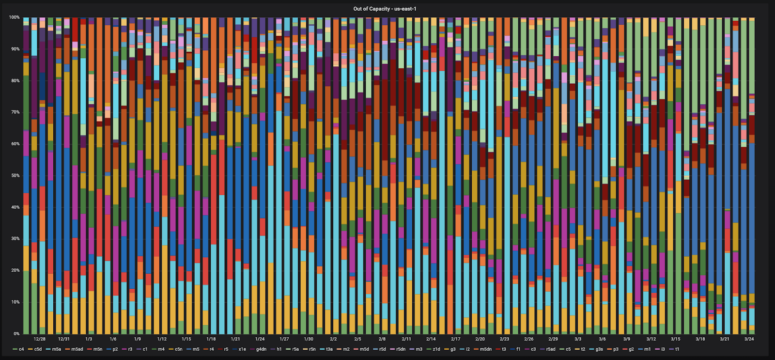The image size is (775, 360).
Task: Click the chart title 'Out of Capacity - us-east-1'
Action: click(x=385, y=9)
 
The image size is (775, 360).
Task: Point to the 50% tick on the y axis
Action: click(x=14, y=175)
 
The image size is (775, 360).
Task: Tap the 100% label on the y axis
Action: click(x=14, y=17)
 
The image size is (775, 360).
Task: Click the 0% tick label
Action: click(x=16, y=334)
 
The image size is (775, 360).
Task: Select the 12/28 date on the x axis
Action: click(x=40, y=339)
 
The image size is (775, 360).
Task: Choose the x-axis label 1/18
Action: click(x=211, y=339)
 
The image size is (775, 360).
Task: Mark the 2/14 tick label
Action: click(x=431, y=339)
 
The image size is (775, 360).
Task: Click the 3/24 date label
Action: click(x=749, y=339)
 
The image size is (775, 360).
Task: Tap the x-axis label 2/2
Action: click(x=333, y=339)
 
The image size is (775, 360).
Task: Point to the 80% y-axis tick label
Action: click(x=14, y=81)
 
